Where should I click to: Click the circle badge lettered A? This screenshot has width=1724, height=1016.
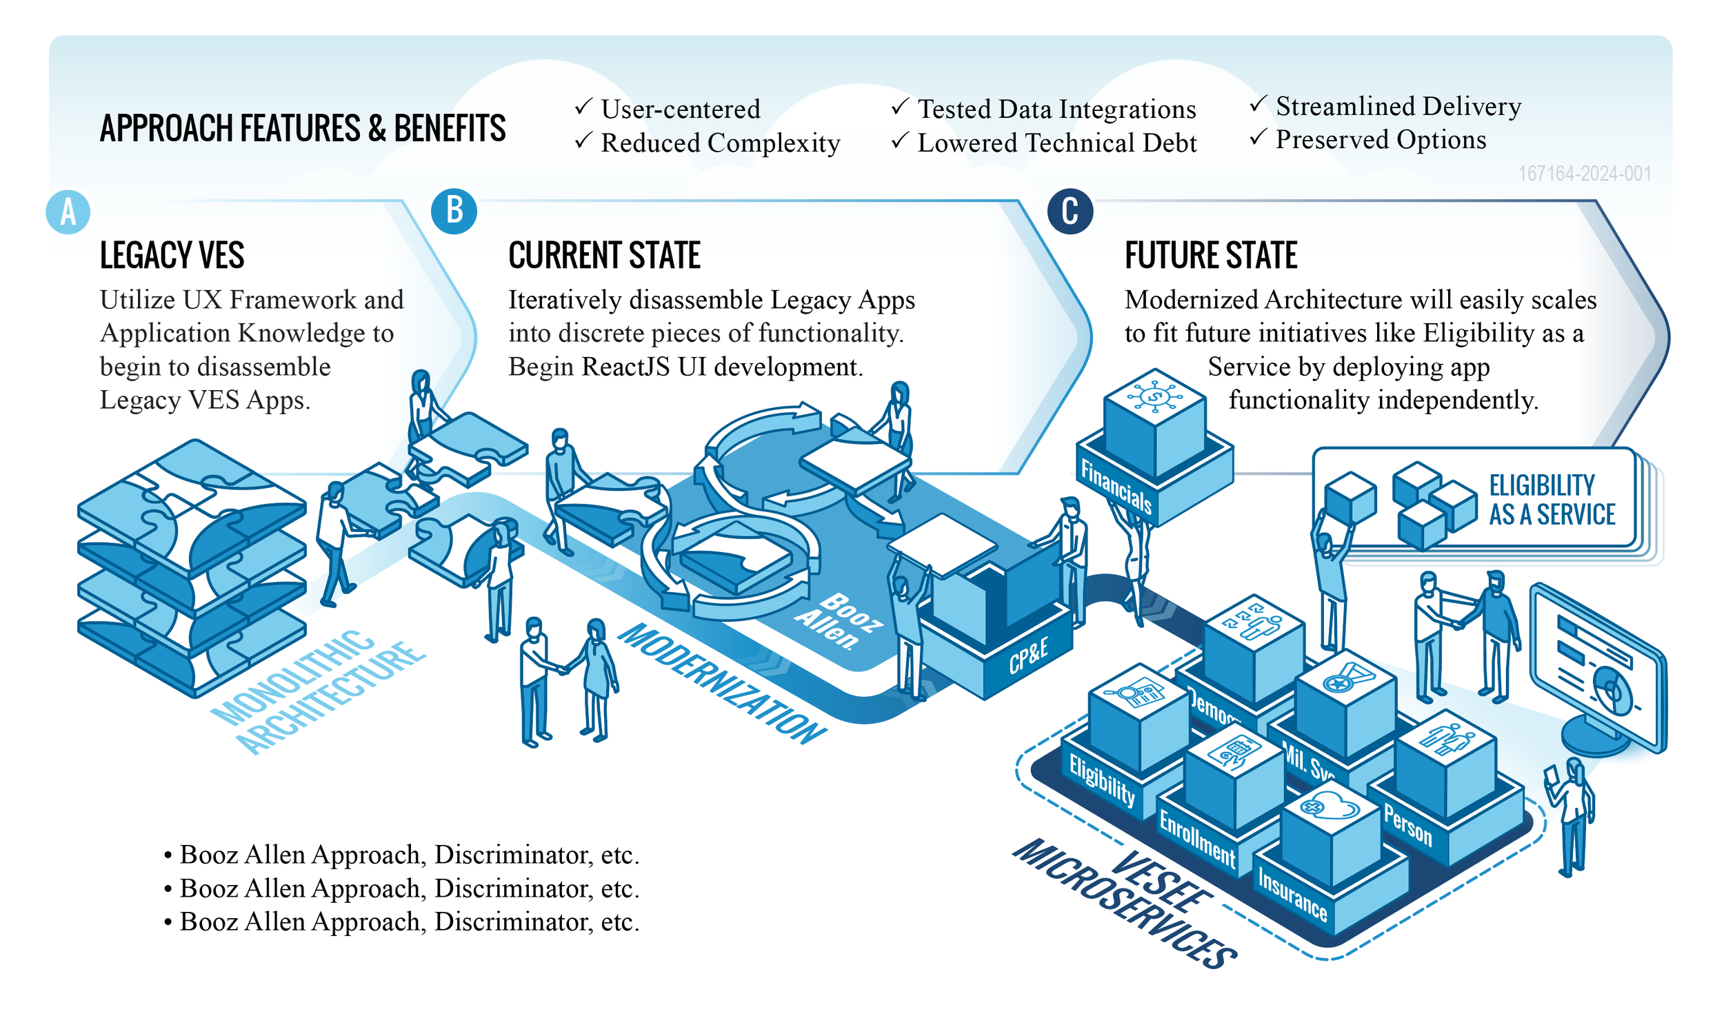(x=68, y=212)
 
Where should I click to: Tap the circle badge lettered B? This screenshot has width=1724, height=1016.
(x=454, y=210)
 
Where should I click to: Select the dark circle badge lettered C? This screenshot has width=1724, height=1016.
(x=1070, y=211)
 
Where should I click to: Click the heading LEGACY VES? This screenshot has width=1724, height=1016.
(x=172, y=255)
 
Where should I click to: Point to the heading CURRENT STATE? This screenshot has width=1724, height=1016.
(x=604, y=255)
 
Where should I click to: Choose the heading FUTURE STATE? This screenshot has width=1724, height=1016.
(x=1210, y=255)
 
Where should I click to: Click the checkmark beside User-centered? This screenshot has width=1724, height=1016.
(x=583, y=107)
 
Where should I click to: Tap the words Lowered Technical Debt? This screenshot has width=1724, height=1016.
(x=1056, y=143)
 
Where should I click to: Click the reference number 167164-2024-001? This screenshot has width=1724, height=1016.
(x=1584, y=173)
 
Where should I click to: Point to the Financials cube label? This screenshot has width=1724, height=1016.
(x=1116, y=487)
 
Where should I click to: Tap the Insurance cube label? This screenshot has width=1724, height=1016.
(x=1292, y=894)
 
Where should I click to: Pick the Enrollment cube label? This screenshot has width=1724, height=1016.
(x=1197, y=838)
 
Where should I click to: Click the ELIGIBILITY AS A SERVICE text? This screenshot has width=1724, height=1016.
(x=1551, y=500)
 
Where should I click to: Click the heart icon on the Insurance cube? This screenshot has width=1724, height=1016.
(x=1332, y=804)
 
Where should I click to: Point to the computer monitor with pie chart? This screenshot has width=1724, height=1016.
(x=1597, y=669)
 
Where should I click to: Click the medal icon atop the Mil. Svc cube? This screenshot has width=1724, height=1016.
(x=1345, y=678)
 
